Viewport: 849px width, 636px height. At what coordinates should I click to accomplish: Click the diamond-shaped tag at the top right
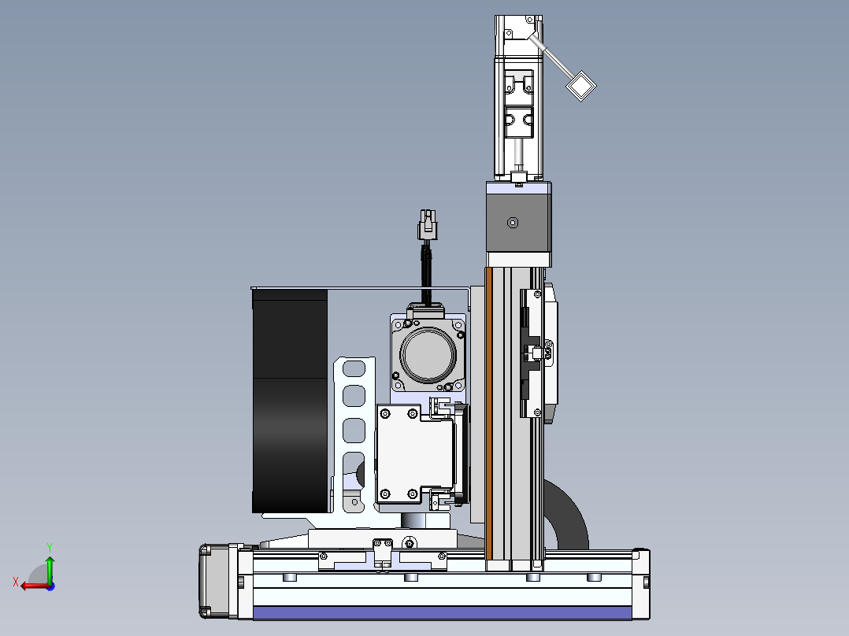(581, 86)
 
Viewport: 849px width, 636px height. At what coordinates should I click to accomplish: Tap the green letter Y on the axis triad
(50, 547)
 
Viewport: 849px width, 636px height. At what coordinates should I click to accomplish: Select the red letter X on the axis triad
(16, 582)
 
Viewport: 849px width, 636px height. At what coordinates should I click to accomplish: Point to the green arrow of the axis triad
(50, 568)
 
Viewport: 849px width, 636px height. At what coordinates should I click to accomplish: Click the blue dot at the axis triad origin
(50, 586)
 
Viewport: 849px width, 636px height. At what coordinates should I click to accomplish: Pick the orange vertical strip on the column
(489, 413)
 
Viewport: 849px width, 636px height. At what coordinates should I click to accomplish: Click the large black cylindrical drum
(290, 401)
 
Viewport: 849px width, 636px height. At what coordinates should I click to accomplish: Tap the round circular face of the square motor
(428, 355)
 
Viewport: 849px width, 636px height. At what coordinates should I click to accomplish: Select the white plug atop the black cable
(427, 225)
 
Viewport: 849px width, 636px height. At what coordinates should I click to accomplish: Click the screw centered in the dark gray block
(513, 223)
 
